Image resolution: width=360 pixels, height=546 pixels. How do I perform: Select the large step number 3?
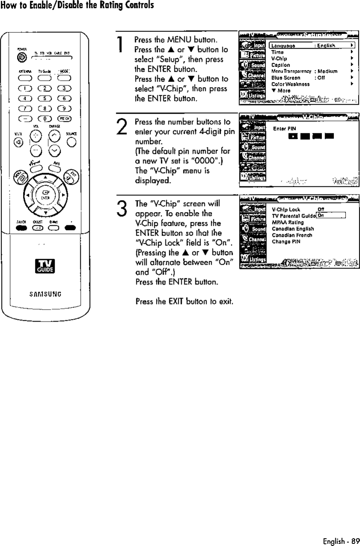point(122,209)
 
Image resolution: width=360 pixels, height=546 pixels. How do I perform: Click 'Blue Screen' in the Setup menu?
point(286,78)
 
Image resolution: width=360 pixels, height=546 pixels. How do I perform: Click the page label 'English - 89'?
point(341,540)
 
